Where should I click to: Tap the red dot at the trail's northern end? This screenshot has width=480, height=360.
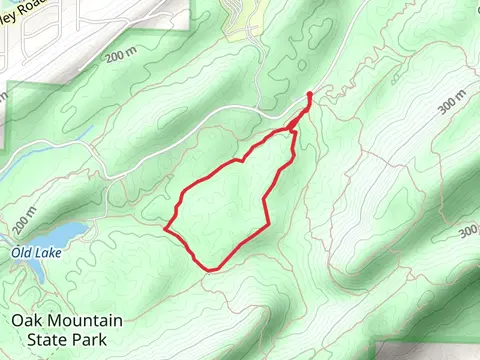(x=309, y=95)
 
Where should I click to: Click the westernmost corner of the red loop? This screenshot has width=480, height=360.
(x=165, y=228)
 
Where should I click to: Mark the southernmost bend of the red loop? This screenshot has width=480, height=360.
(x=211, y=269)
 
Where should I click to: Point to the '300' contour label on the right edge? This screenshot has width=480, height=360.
(x=468, y=232)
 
